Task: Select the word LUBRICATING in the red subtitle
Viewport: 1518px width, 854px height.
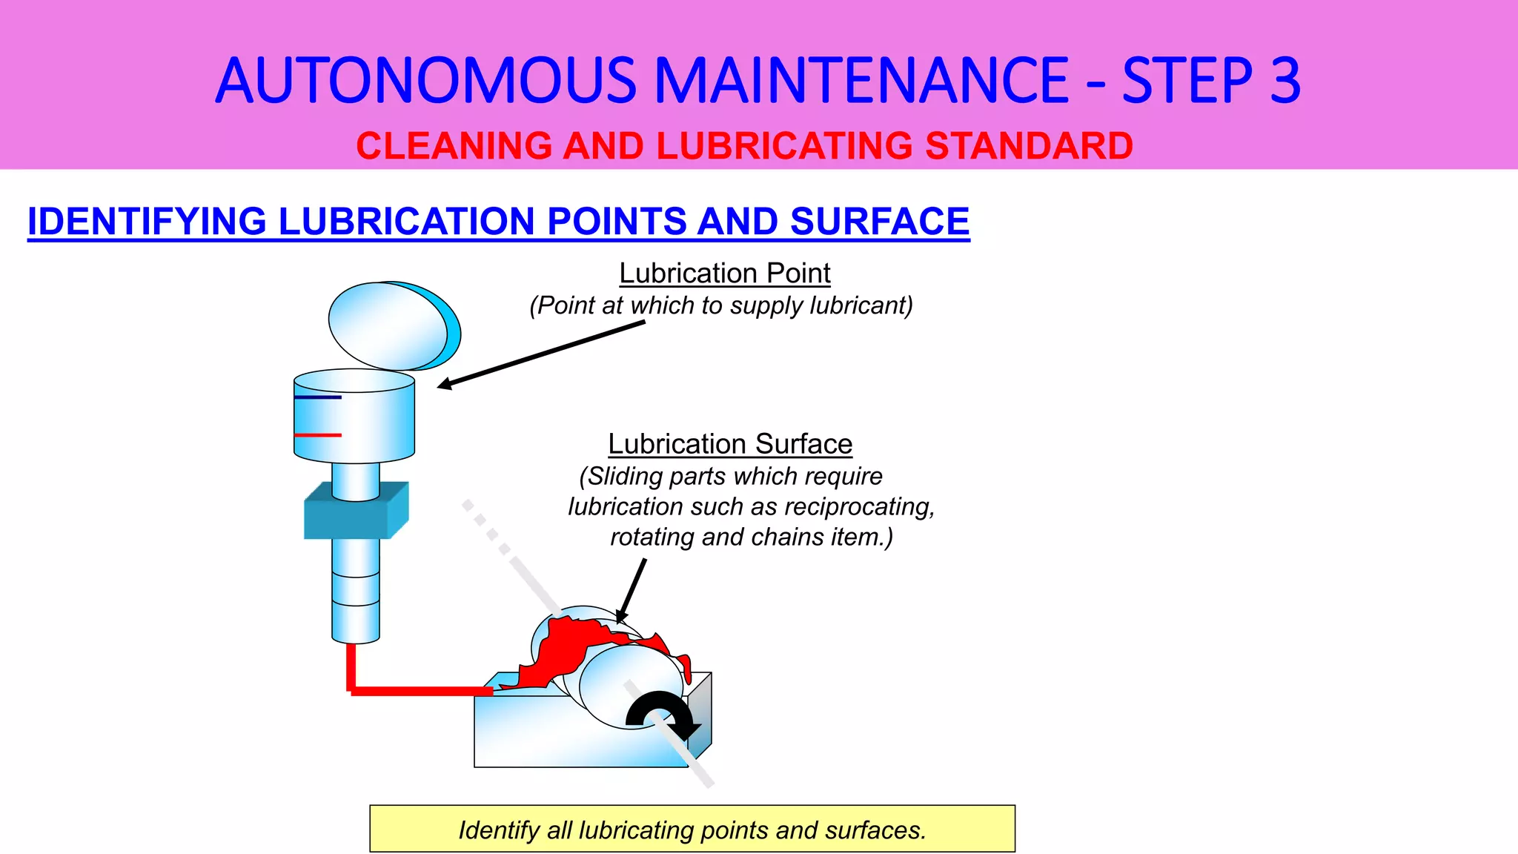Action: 784,145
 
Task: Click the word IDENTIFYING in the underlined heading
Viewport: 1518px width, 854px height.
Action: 147,221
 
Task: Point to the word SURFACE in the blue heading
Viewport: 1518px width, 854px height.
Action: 879,221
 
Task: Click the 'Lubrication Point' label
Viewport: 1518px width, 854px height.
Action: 724,273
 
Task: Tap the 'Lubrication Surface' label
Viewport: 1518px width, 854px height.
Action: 730,443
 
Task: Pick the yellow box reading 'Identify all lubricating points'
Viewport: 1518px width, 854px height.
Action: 692,829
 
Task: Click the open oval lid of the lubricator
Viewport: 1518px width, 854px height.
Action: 393,325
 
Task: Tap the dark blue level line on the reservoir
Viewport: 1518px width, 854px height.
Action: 318,397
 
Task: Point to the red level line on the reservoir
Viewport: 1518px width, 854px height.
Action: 318,434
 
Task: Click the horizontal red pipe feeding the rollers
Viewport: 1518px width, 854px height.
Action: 422,691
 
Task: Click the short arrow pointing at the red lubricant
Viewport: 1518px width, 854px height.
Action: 632,589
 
